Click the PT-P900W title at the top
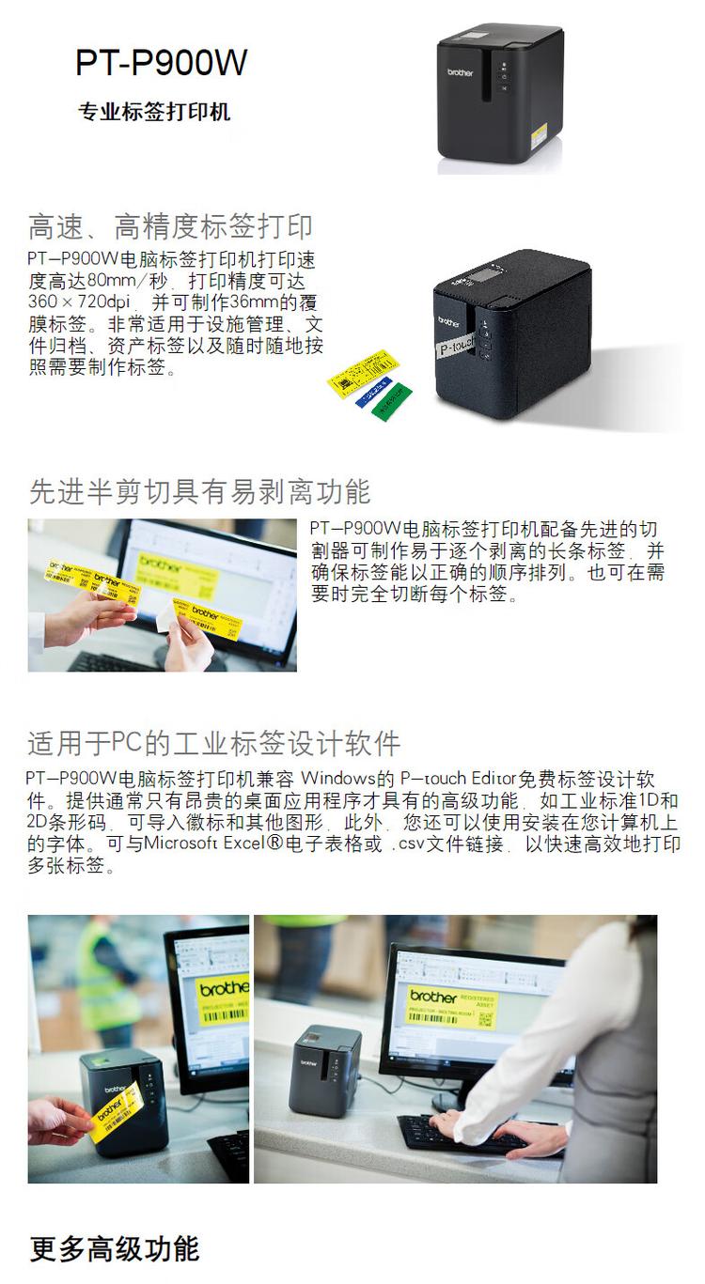(162, 63)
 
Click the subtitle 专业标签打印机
(154, 113)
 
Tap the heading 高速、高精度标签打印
(170, 226)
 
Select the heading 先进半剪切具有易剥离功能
(199, 490)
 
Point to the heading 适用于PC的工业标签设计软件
(214, 743)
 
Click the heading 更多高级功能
(115, 1249)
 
